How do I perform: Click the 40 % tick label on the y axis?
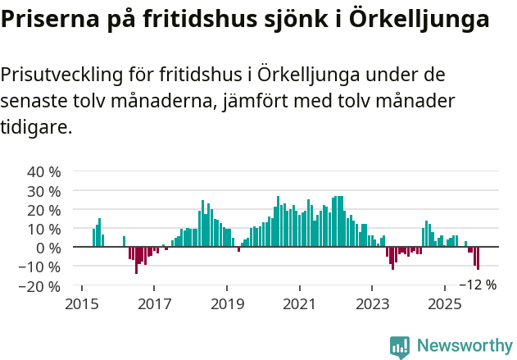[x=44, y=172]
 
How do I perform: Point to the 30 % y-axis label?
[x=44, y=191]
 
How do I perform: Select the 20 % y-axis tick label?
[x=44, y=210]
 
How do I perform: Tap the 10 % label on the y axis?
[x=44, y=229]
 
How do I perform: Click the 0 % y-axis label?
[x=48, y=248]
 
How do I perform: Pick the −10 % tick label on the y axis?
[x=41, y=267]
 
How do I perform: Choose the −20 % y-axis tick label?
[x=41, y=286]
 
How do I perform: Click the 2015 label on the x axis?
[x=82, y=303]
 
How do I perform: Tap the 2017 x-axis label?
[x=154, y=303]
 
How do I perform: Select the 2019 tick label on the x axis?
[x=227, y=303]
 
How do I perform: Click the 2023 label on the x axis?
[x=372, y=303]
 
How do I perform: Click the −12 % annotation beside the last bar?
[x=478, y=285]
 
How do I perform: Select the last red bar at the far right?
[x=478, y=258]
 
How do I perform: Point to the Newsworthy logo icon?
[x=400, y=347]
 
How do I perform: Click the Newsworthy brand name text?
[x=464, y=346]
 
